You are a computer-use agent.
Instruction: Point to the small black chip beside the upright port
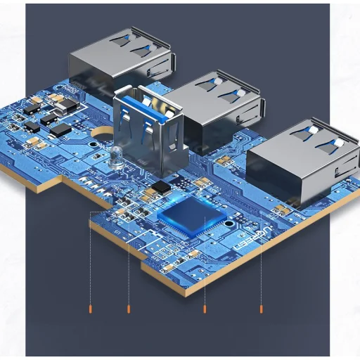click(x=162, y=186)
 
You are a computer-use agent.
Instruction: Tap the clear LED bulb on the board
click(x=116, y=157)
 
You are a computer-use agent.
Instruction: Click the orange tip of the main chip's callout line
click(x=205, y=308)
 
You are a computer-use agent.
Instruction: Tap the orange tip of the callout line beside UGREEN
click(x=262, y=308)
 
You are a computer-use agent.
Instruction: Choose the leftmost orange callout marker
click(x=91, y=308)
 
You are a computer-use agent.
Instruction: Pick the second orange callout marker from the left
click(x=128, y=308)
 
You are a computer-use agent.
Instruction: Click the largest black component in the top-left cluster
click(x=61, y=129)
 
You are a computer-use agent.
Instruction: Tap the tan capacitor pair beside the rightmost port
click(x=282, y=209)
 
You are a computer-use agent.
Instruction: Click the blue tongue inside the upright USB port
click(x=149, y=127)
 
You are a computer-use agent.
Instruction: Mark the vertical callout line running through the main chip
click(x=205, y=267)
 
